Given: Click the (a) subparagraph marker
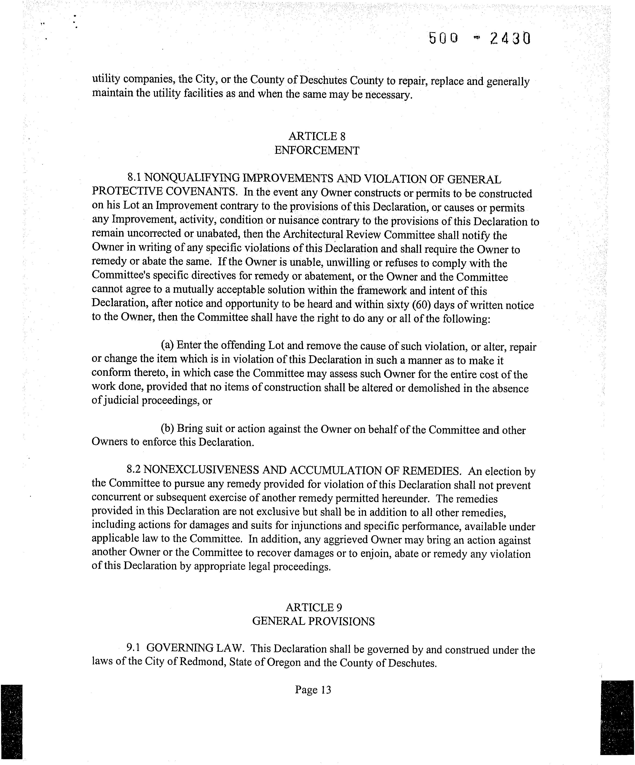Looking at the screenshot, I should point(167,345).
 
